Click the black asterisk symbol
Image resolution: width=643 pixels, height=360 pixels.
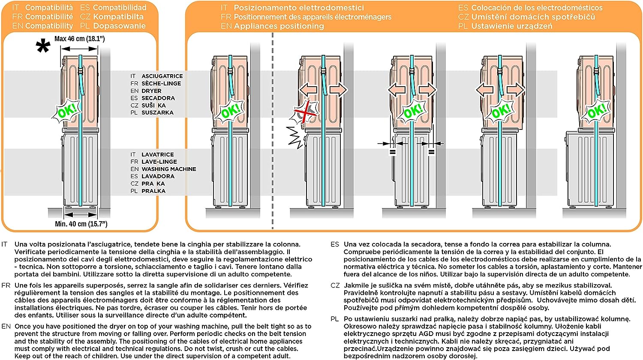coord(43,47)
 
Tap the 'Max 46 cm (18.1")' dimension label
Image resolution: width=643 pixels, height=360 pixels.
coord(80,39)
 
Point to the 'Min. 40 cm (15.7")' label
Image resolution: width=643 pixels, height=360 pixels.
coord(81,224)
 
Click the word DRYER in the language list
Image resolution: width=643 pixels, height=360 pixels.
coord(151,91)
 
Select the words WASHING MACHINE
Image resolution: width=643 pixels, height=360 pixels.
coord(169,169)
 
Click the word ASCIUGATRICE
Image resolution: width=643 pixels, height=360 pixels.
coord(162,76)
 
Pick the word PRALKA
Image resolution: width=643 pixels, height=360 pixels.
coord(153,191)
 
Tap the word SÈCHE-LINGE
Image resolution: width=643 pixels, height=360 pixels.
coord(161,83)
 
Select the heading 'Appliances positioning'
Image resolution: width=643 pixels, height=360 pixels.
coord(279,26)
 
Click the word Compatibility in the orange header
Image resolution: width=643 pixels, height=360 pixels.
coord(49,26)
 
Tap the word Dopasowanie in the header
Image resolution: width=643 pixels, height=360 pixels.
coord(119,26)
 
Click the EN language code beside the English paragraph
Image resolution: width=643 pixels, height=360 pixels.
coord(6,326)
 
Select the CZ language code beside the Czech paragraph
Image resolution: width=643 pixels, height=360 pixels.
coord(335,285)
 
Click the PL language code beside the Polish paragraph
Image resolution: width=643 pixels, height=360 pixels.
coord(335,319)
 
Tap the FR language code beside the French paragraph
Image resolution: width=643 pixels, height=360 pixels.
coord(6,285)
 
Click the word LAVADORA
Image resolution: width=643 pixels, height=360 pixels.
coord(158,176)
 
